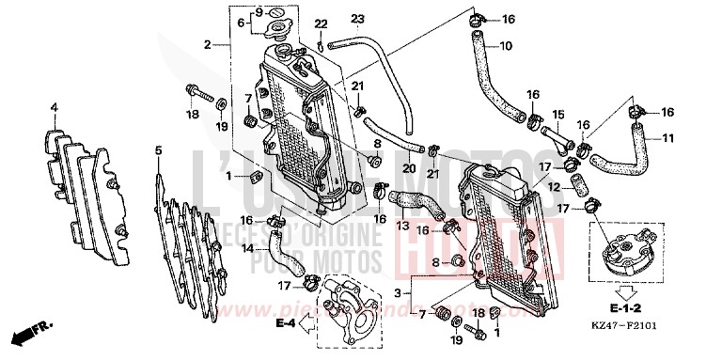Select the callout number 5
(x=158, y=150)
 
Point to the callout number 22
(x=321, y=23)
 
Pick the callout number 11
(x=669, y=139)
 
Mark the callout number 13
(x=401, y=226)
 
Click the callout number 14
(x=247, y=248)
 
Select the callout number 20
(x=408, y=168)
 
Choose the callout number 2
(x=205, y=43)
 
